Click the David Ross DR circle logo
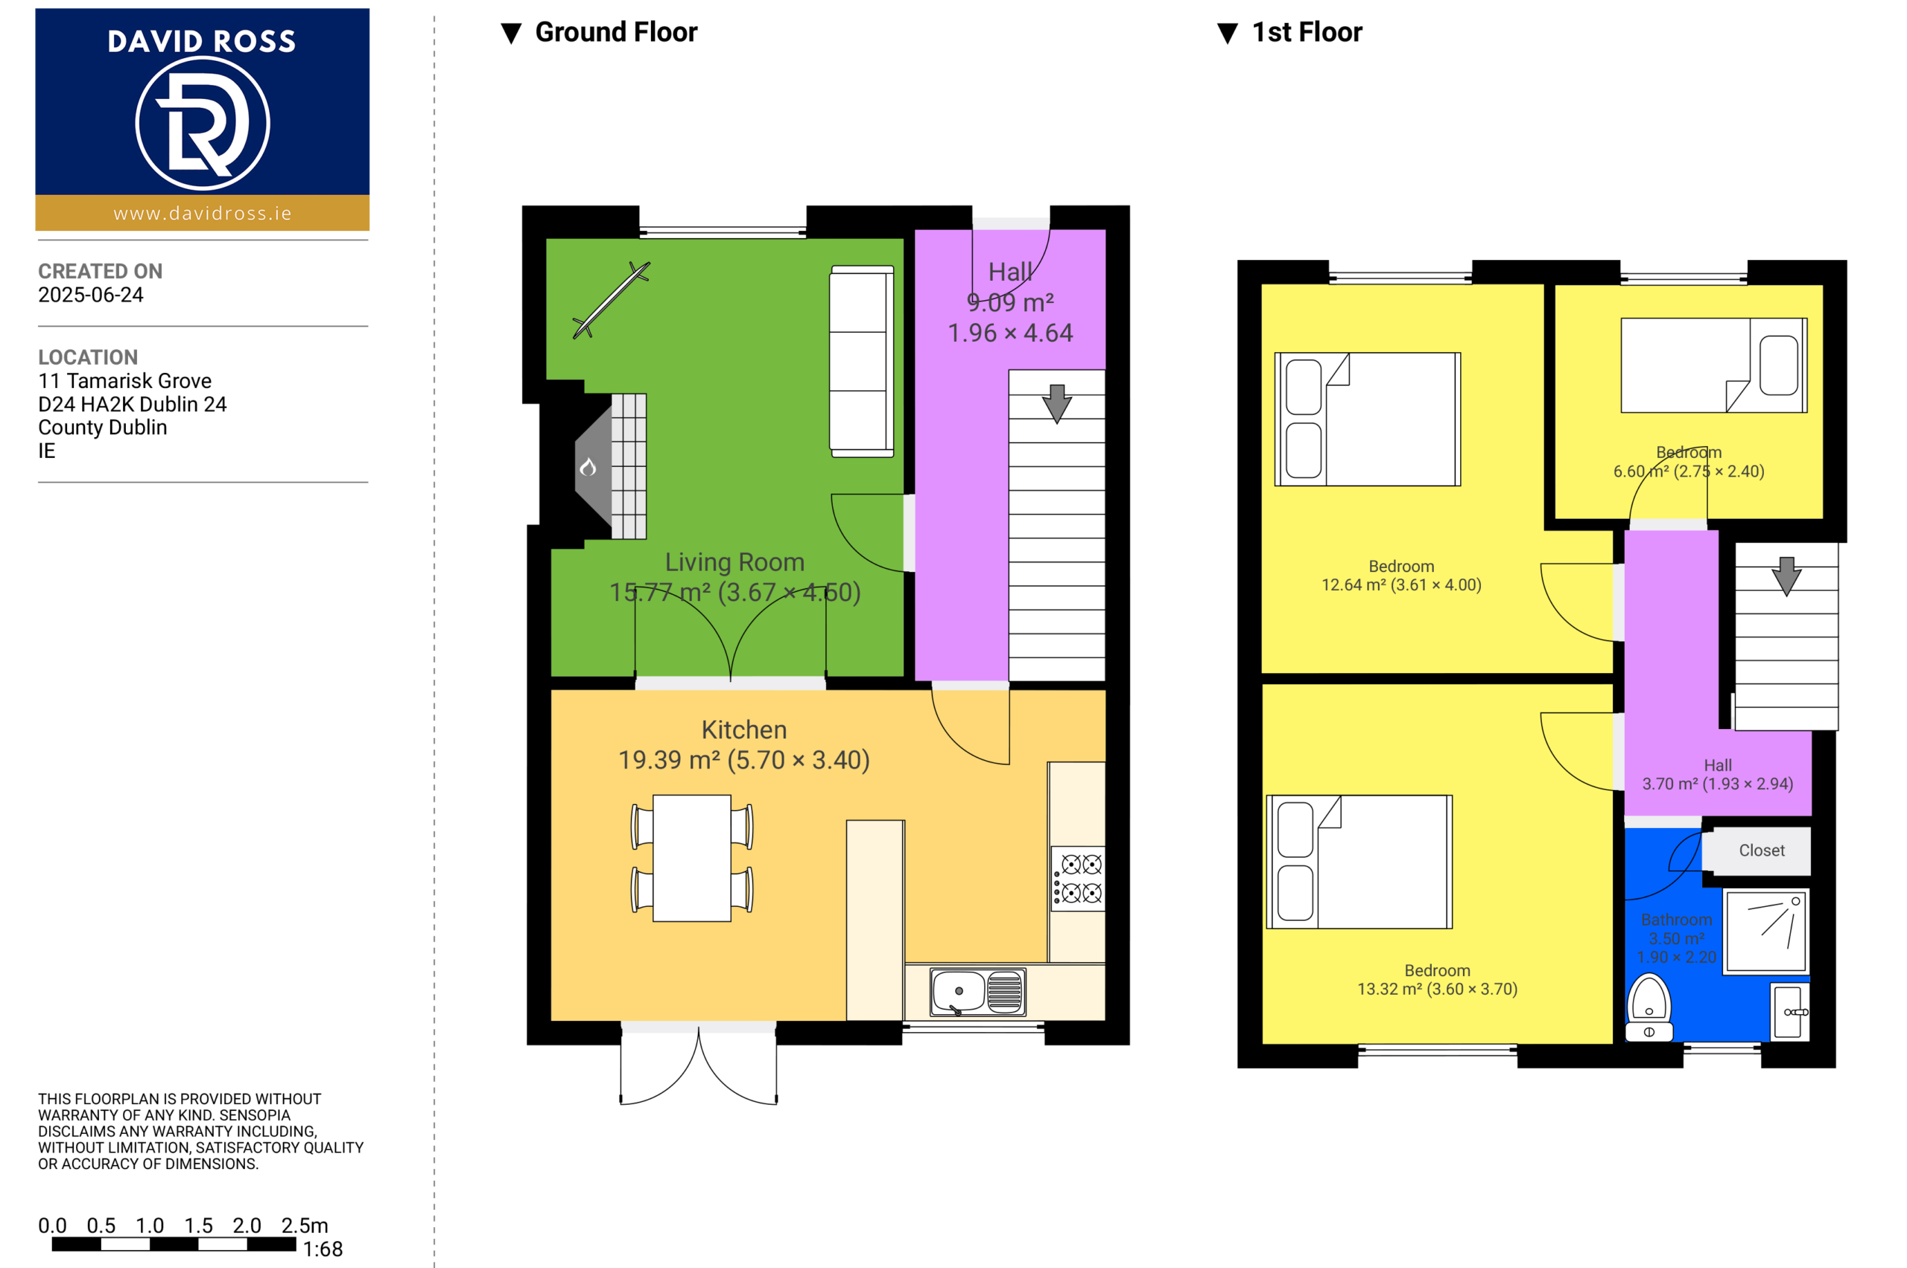203,123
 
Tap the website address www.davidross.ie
203,214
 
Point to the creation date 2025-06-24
91,295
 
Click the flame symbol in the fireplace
588,467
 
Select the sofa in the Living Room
862,361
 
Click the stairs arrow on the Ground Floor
1056,404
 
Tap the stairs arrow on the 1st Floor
1786,576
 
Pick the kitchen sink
977,993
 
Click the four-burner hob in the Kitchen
1079,879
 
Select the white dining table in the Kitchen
692,858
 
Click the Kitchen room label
743,730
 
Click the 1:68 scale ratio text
323,1249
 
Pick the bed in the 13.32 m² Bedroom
1359,862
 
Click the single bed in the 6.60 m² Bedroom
1713,366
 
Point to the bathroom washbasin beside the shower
1790,1012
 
